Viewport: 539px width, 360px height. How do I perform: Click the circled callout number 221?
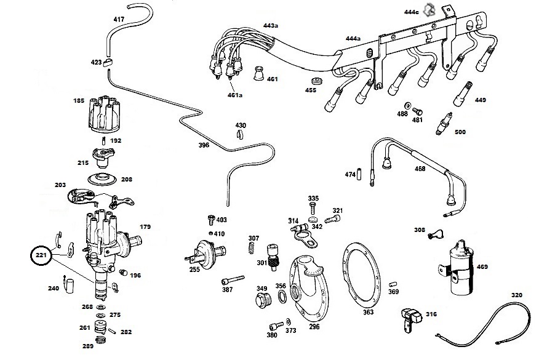click(41, 255)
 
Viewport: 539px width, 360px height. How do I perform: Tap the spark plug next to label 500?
click(444, 124)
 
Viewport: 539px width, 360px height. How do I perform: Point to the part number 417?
click(119, 19)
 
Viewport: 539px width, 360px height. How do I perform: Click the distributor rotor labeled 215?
click(103, 157)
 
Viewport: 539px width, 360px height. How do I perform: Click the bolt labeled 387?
click(233, 280)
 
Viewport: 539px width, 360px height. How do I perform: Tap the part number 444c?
click(411, 12)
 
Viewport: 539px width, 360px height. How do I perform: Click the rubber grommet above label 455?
click(317, 82)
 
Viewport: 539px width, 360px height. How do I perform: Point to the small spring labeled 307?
click(252, 248)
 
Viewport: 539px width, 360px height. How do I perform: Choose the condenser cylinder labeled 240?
click(70, 286)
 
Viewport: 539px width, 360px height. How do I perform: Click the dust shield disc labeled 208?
click(102, 179)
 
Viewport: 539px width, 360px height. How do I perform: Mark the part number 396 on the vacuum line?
click(204, 145)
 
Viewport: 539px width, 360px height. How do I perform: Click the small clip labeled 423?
click(108, 62)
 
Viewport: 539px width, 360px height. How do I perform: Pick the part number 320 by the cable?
click(517, 295)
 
